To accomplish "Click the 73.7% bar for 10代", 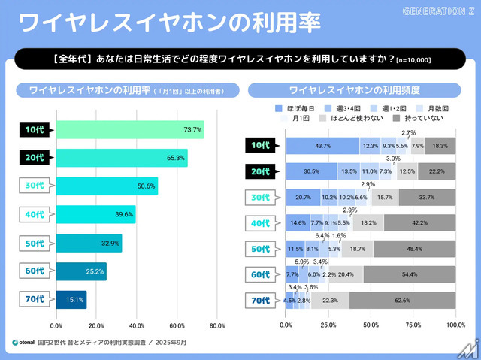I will tap(129, 129).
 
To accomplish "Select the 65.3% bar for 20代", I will tap(121, 158).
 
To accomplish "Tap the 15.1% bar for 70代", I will tap(71, 300).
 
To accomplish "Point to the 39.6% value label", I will tap(125, 215).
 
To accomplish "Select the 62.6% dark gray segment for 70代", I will tap(402, 301).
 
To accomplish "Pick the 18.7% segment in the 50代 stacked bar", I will tap(357, 249).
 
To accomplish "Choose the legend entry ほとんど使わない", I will tap(349, 118).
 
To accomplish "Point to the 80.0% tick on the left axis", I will tap(216, 326).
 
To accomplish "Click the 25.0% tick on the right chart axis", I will tap(328, 326).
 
